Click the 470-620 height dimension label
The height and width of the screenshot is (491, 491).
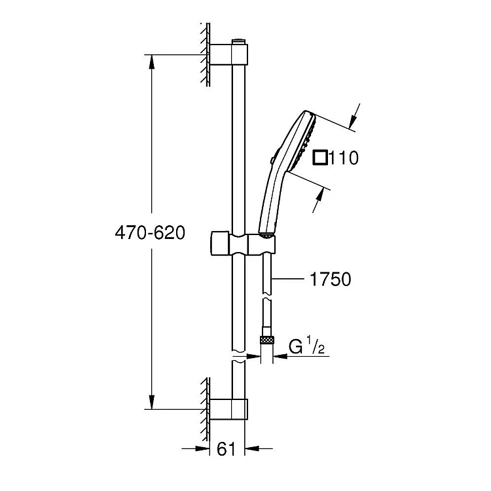[150, 232]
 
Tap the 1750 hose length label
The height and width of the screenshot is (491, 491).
[331, 279]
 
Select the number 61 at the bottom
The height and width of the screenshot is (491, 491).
[226, 449]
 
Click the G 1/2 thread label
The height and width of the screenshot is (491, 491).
[306, 346]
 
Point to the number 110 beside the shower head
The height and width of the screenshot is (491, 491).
[344, 158]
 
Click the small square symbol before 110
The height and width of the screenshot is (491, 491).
[320, 158]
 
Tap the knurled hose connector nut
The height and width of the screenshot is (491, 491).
[267, 340]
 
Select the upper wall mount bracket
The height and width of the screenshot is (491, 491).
[228, 54]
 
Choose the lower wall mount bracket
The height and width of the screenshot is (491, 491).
[228, 409]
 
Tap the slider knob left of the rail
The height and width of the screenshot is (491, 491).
[220, 244]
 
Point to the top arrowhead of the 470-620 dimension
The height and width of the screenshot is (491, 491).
[152, 62]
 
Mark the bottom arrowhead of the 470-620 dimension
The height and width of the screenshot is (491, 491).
[152, 403]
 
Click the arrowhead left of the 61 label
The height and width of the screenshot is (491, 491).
[202, 449]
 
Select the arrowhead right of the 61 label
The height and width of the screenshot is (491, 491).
[251, 449]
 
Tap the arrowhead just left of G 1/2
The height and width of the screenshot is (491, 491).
[280, 356]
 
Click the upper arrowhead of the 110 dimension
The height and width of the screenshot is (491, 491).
[353, 122]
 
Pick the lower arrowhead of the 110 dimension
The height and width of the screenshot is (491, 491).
[319, 195]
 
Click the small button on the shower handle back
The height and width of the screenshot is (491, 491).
[272, 160]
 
